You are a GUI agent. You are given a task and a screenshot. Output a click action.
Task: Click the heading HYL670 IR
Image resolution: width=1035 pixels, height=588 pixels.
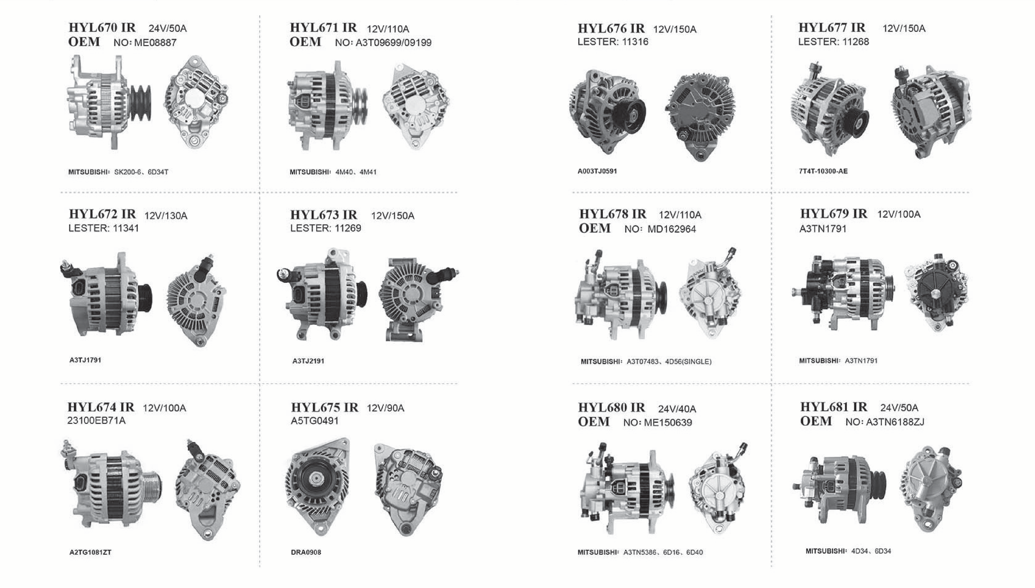pos(102,28)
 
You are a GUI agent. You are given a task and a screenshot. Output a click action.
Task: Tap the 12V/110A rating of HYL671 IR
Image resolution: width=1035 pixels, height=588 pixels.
pos(388,29)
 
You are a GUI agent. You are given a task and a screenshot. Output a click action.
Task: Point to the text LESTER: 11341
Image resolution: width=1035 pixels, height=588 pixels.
pos(104,228)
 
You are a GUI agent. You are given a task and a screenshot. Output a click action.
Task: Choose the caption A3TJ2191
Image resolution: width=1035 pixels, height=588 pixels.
pos(308,361)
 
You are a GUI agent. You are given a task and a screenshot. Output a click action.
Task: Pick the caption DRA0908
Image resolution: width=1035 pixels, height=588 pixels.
pos(306,552)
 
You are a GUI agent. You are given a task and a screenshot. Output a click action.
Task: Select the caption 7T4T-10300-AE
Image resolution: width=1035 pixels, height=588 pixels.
pos(823,171)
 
